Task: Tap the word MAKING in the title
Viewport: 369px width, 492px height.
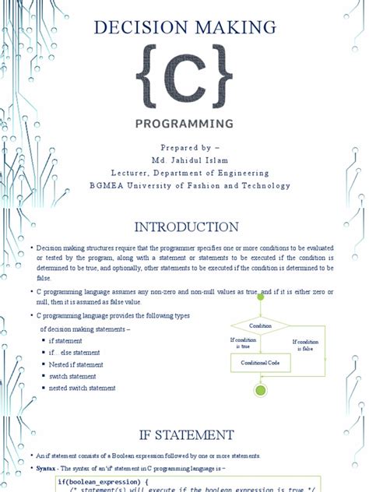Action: (232, 29)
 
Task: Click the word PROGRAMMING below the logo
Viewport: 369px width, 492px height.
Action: (184, 123)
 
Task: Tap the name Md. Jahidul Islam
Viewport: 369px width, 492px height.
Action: (184, 160)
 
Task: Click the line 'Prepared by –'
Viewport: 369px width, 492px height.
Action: (184, 147)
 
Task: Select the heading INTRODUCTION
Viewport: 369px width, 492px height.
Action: (184, 227)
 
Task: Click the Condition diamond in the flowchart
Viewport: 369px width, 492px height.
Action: (260, 325)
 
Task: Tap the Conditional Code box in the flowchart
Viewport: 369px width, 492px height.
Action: (260, 363)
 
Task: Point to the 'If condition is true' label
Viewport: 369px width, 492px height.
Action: (243, 343)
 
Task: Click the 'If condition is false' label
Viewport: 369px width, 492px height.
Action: (305, 345)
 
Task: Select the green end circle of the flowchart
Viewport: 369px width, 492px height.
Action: (260, 389)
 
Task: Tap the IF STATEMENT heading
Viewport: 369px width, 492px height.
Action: (184, 434)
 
